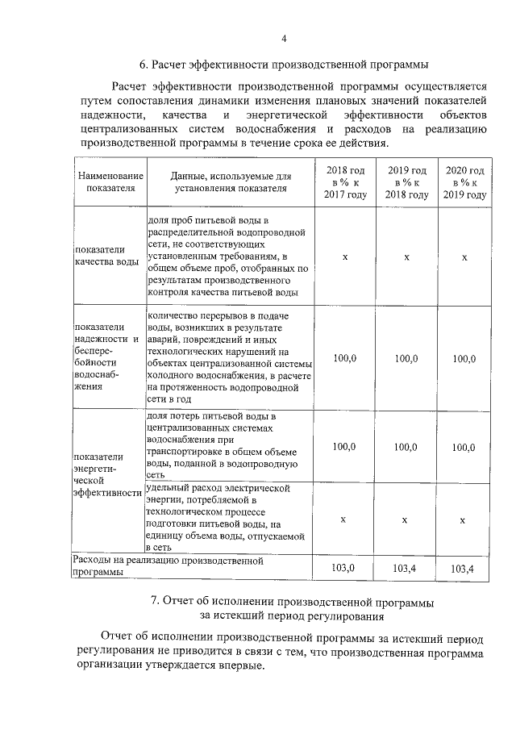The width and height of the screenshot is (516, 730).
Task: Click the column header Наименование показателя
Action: point(107,182)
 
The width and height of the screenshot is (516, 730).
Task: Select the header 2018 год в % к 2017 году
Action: point(345,182)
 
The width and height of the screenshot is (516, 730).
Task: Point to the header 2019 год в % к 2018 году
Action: point(406,182)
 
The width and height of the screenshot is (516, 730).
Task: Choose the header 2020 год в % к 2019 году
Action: point(464,182)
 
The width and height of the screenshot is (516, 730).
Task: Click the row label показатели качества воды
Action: point(106,256)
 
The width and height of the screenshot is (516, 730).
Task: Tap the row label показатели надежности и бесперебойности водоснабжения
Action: point(106,357)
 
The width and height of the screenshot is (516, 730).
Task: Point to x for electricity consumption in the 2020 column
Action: point(463,520)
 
